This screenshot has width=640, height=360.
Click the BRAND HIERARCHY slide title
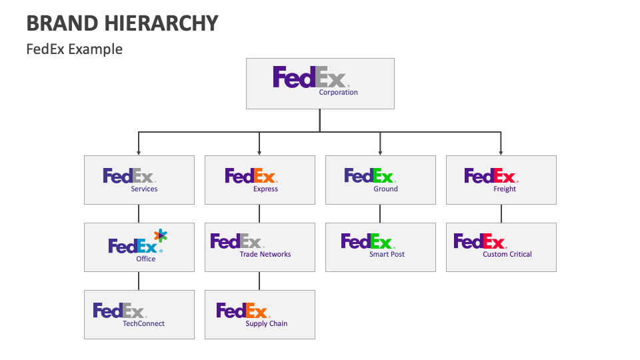(122, 23)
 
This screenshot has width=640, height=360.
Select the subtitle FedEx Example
(74, 49)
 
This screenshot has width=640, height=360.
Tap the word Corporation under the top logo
(338, 93)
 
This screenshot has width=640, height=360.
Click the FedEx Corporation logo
(310, 77)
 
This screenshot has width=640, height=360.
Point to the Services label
(144, 189)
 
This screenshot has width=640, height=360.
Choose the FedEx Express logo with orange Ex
(251, 176)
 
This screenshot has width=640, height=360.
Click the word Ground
(385, 189)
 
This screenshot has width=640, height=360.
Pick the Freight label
(505, 189)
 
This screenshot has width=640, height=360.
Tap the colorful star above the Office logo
(161, 235)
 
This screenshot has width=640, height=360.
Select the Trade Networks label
(265, 255)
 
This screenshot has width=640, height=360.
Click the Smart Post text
(387, 255)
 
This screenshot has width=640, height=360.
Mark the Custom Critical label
(507, 255)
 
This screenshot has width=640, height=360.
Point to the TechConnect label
(143, 324)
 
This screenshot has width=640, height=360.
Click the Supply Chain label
(267, 324)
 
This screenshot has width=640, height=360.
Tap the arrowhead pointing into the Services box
(139, 153)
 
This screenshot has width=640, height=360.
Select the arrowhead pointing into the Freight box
(501, 153)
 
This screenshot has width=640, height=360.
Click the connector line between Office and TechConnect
(139, 281)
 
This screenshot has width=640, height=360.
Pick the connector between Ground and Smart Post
(380, 213)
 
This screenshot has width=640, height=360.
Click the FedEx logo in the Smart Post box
(367, 241)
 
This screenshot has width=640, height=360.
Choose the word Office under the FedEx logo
(145, 259)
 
